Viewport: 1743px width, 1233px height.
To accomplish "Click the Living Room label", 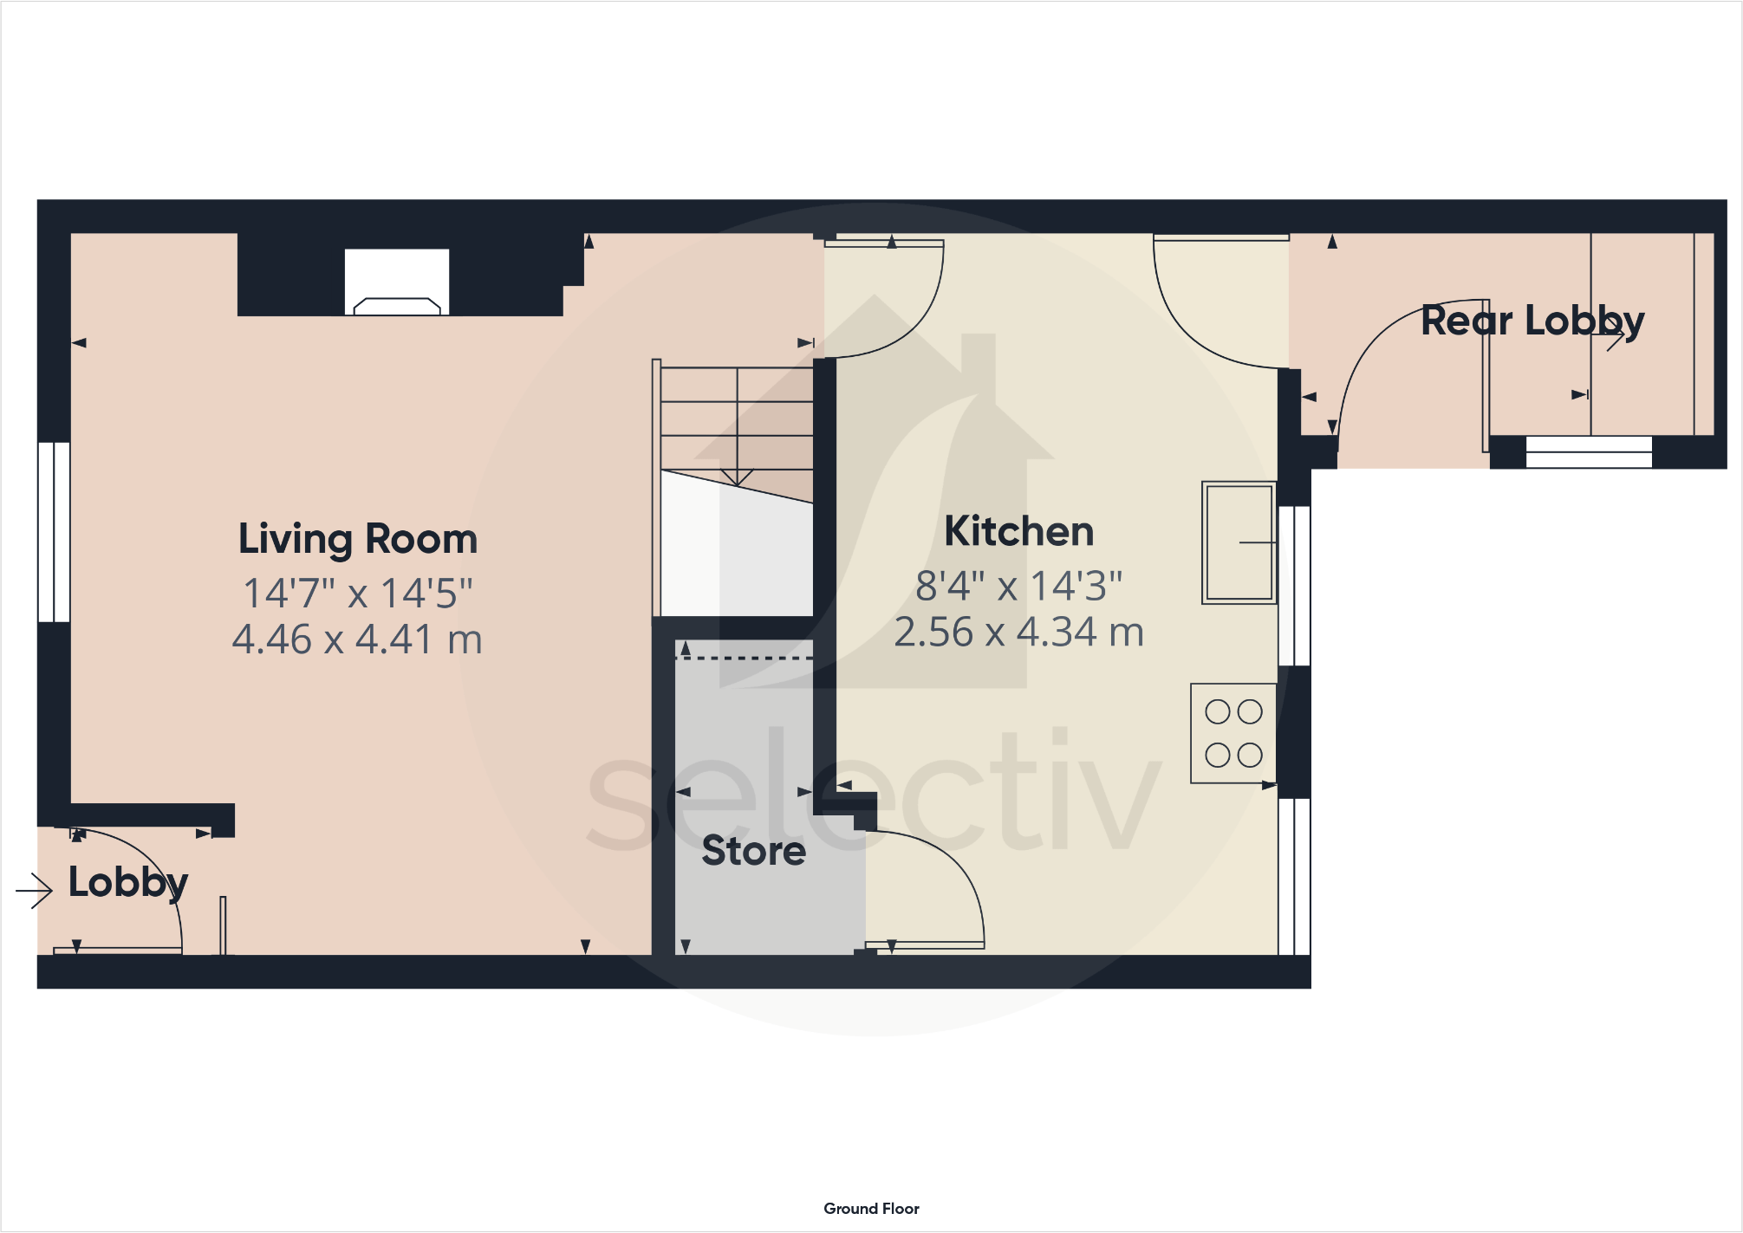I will tap(358, 539).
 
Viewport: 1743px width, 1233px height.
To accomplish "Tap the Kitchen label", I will tap(1018, 531).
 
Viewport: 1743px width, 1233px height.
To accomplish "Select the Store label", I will tap(753, 851).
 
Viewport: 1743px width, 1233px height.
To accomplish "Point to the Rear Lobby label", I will tap(1532, 321).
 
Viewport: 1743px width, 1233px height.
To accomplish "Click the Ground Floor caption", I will tap(871, 1209).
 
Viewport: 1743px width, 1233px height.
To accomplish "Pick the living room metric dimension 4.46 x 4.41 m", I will tap(357, 640).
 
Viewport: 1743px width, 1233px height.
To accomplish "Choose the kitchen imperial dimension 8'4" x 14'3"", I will tap(1018, 587).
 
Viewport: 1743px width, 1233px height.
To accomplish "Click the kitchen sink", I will tap(1239, 542).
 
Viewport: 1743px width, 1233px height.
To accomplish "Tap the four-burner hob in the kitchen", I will tap(1233, 734).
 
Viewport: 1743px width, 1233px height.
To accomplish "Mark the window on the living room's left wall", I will tap(54, 532).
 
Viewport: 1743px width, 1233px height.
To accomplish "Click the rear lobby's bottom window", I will tap(1589, 451).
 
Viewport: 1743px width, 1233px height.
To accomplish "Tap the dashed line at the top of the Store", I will tap(744, 659).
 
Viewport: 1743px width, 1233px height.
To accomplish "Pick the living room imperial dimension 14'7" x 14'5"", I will tap(357, 594).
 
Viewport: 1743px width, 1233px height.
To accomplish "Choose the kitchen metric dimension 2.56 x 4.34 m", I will tap(1018, 633).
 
